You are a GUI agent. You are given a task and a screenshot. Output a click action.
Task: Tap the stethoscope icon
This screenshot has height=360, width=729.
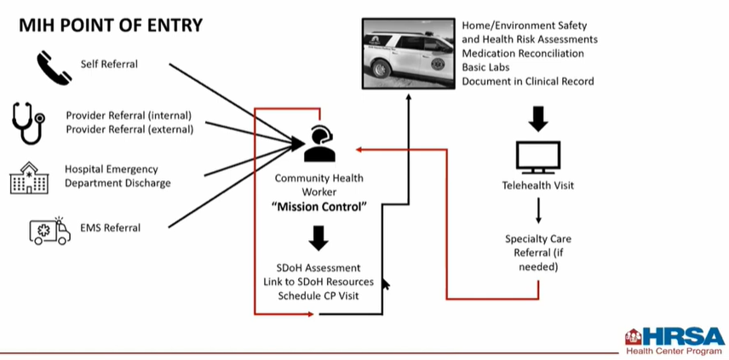coord(29,122)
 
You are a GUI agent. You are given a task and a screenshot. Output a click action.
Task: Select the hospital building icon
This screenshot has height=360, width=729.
coord(29,176)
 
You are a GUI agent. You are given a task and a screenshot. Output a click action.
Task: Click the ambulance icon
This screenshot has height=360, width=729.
coord(50,228)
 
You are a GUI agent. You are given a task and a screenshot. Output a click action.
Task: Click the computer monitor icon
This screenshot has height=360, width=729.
coord(538,157)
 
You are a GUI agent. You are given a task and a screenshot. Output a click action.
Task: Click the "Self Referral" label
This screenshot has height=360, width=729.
coord(109,64)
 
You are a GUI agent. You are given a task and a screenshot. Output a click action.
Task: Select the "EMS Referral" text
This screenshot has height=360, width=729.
coord(110,227)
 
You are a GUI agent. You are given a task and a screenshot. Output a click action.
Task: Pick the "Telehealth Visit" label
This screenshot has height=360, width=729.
coord(538,186)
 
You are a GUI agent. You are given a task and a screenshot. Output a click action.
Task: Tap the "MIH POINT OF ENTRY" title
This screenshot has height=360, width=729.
coord(111,25)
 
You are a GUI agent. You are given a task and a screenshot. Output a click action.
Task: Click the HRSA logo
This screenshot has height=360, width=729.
coord(674,340)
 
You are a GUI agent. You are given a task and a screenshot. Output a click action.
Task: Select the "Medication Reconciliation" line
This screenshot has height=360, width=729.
coord(523,53)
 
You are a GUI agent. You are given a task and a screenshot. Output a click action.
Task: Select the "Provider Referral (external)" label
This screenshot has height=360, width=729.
coord(129,129)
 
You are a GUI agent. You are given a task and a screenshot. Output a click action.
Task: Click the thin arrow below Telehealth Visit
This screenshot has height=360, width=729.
coord(538,210)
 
